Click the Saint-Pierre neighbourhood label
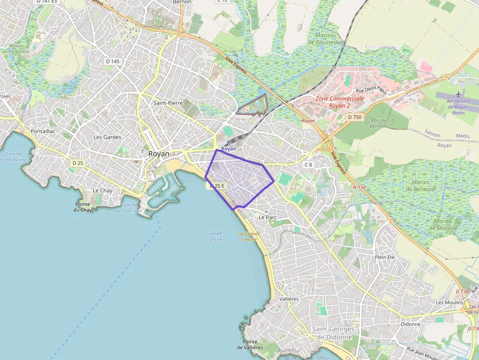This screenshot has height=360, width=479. point(168,103)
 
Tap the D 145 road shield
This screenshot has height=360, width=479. point(112,62)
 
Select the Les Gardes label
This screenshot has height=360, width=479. point(107,137)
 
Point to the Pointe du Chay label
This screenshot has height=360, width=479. point(83,207)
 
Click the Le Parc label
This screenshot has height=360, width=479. point(268,217)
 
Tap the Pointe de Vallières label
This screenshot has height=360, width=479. point(250,344)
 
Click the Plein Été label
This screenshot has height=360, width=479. point(385,257)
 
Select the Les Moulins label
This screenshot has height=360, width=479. point(449,302)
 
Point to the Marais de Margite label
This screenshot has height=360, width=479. point(443,224)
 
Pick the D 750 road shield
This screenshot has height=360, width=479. point(355,117)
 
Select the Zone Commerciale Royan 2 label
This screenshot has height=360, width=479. point(340,102)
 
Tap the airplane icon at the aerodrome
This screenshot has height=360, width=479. point(458,94)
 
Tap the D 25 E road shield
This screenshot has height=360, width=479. point(217,186)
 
